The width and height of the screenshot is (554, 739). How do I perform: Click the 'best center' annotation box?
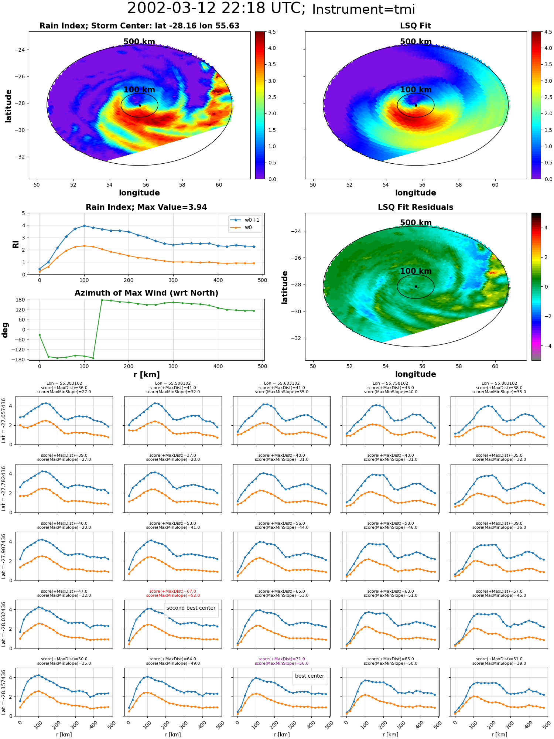point(310,676)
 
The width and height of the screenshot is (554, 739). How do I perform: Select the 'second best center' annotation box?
point(191,608)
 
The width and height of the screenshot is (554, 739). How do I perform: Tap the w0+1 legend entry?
point(245,220)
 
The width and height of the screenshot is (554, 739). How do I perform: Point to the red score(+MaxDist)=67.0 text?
point(173,591)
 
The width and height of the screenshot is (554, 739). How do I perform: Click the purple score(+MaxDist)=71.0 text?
point(281,659)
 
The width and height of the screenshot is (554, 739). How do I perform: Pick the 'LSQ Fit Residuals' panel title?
point(415,207)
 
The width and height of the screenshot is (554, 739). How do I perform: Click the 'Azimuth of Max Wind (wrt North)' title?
point(146,293)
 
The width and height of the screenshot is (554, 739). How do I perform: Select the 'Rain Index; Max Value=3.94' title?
point(146,207)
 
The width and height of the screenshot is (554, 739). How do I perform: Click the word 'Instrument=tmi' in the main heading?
point(363,9)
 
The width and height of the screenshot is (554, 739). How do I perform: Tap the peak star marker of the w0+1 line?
point(84,225)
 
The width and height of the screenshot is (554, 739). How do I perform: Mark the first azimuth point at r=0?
point(40,335)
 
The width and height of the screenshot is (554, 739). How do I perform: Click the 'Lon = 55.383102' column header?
point(64,384)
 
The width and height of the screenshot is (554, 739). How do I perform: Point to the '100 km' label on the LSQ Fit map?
point(415,89)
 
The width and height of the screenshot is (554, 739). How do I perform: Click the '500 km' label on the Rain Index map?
point(139,42)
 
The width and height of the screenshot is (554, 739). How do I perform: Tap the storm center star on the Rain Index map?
point(140,105)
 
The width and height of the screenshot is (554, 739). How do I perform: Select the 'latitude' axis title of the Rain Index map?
point(8,106)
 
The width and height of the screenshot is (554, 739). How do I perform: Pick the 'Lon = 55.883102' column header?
point(499,384)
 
